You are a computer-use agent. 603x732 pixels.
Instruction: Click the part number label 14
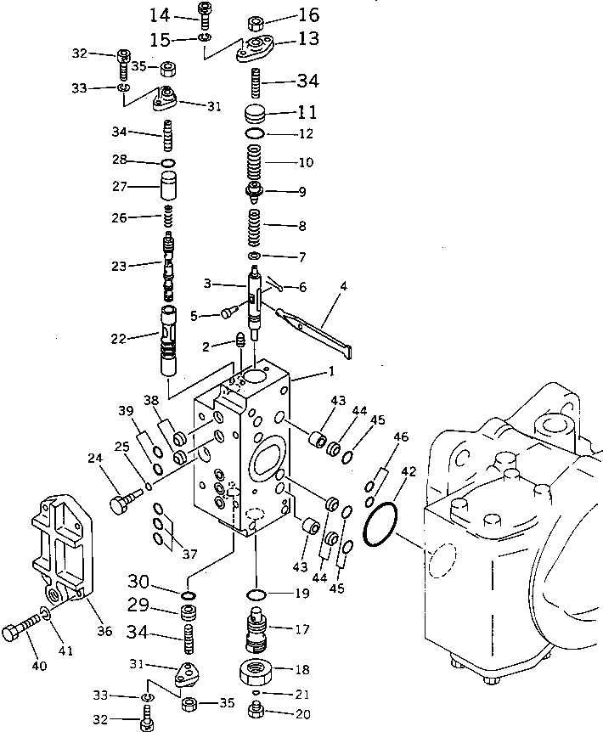pyautogui.click(x=160, y=14)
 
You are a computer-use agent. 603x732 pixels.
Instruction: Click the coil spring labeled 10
pyautogui.click(x=256, y=161)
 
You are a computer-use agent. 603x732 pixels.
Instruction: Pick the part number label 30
pyautogui.click(x=139, y=582)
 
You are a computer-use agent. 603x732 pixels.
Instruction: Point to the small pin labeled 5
pyautogui.click(x=228, y=313)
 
